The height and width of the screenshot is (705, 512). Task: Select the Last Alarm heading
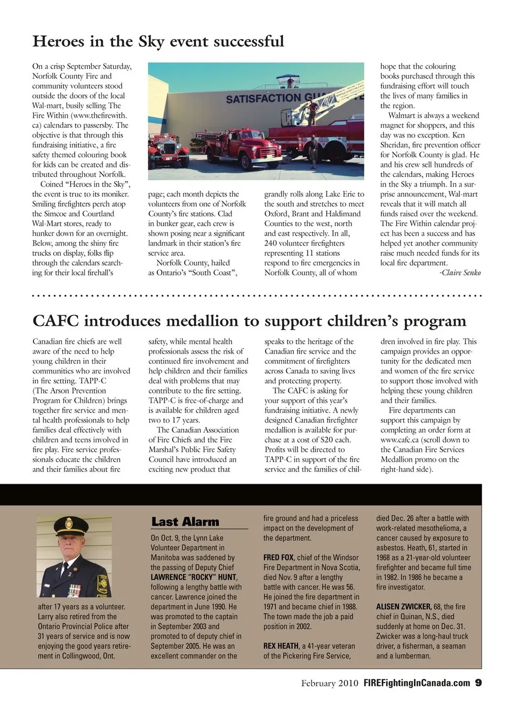click(x=185, y=522)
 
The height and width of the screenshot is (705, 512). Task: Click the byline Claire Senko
click(x=460, y=273)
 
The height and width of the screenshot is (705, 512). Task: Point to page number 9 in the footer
click(x=478, y=683)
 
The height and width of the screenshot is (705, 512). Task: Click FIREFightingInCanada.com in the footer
click(x=417, y=683)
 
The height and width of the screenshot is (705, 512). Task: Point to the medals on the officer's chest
click(x=74, y=590)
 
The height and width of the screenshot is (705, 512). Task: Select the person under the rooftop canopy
click(x=290, y=82)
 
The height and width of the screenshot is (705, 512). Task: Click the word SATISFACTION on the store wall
click(x=255, y=99)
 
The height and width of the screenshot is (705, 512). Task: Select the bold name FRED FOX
click(x=278, y=557)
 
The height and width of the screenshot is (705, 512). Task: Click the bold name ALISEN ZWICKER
click(x=403, y=607)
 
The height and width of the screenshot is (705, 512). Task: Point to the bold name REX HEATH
click(x=281, y=646)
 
